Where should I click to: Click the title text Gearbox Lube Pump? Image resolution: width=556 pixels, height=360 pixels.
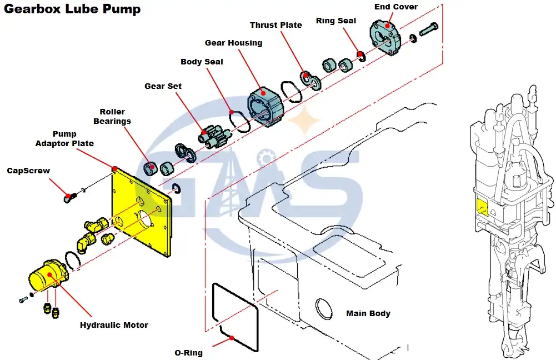tap(73, 9)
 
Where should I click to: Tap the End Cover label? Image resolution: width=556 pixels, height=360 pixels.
tap(396, 7)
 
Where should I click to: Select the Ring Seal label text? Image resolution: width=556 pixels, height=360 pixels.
tap(336, 21)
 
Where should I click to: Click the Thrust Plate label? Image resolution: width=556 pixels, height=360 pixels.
tap(276, 25)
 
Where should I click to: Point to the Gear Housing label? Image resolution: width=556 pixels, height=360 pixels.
tap(233, 43)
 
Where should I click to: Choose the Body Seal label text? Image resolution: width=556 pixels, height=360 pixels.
tap(202, 62)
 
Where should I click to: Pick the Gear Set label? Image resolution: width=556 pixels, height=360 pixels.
tap(163, 86)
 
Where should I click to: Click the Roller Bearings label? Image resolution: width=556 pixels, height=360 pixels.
tap(112, 117)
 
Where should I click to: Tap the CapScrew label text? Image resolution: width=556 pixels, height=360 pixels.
tap(28, 171)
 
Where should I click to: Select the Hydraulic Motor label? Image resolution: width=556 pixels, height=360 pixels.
tap(114, 325)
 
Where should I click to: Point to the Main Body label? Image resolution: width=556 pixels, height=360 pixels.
tap(368, 313)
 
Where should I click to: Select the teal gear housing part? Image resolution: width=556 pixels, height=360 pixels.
tap(266, 105)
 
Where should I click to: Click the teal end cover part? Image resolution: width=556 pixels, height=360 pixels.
tap(386, 37)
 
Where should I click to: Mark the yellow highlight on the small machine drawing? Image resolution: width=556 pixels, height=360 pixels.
tap(482, 207)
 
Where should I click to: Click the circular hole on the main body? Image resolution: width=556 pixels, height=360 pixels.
tap(323, 307)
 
